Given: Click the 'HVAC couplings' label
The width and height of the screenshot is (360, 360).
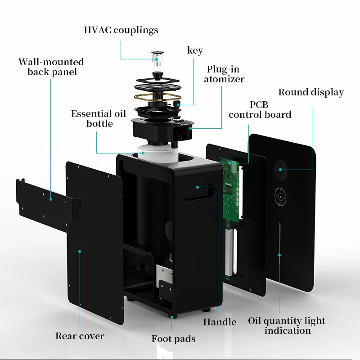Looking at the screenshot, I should (x=121, y=30).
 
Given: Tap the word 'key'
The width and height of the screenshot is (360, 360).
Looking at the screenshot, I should (x=195, y=50).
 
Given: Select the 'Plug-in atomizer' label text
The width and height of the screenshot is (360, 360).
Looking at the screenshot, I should (x=224, y=74).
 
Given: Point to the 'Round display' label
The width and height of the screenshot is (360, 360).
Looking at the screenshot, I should (x=310, y=92).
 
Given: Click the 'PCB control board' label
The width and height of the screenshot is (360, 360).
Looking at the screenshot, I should (x=260, y=110).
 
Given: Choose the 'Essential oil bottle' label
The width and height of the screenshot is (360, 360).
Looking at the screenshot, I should (x=98, y=118).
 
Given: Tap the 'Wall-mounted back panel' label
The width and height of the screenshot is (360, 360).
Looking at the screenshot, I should (x=51, y=67).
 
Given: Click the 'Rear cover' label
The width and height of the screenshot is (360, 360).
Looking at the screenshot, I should (x=80, y=336).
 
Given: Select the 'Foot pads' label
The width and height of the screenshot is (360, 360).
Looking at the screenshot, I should (x=173, y=338).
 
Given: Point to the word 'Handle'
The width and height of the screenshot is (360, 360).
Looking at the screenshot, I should (x=219, y=322).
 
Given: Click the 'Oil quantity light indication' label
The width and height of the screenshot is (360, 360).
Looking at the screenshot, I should (x=287, y=326).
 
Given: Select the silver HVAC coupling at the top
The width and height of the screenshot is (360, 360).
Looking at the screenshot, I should (x=157, y=58).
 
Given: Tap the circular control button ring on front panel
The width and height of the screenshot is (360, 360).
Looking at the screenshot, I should (x=281, y=195).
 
